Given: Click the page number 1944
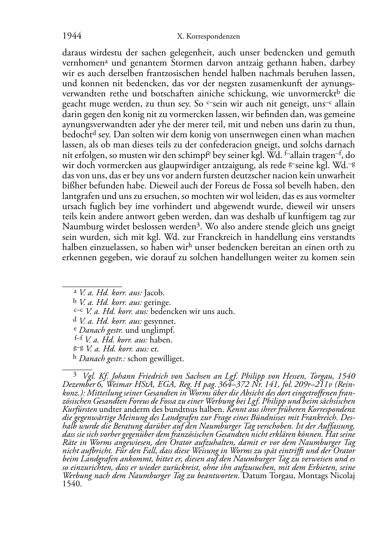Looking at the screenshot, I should pyautogui.click(x=71, y=36).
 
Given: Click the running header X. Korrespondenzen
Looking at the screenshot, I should pyautogui.click(x=208, y=37).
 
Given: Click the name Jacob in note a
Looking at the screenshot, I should pyautogui.click(x=154, y=293).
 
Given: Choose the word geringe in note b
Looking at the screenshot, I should pyautogui.click(x=157, y=302).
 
